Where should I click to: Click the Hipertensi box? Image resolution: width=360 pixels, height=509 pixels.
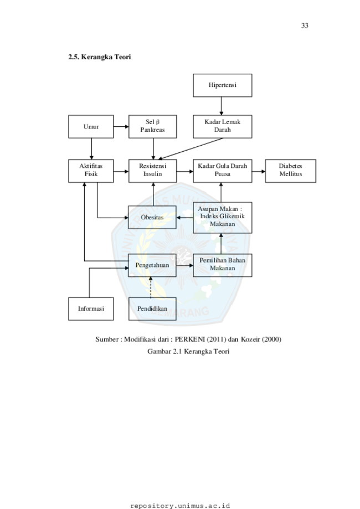222,85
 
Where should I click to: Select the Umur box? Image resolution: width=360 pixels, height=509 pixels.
91,126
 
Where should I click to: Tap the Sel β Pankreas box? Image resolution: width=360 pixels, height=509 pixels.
152,126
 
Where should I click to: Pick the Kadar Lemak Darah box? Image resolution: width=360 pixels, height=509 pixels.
222,126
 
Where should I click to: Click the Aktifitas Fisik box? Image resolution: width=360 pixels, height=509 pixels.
91,171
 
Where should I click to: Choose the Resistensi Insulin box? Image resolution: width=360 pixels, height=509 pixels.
152,171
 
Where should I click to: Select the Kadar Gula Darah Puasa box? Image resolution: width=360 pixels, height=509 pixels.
222,171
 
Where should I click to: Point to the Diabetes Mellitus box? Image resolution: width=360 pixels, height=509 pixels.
290,171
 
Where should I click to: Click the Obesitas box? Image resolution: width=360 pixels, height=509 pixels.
152,218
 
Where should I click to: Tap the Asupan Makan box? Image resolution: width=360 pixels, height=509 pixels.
222,217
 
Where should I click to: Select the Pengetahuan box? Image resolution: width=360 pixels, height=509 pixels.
152,265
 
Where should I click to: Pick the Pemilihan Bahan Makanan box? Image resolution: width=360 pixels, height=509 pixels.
222,265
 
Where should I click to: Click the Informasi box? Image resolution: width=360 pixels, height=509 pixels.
91,309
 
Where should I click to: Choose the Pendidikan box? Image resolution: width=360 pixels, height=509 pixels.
152,309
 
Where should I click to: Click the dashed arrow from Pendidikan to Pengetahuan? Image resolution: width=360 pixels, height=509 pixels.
151,287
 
